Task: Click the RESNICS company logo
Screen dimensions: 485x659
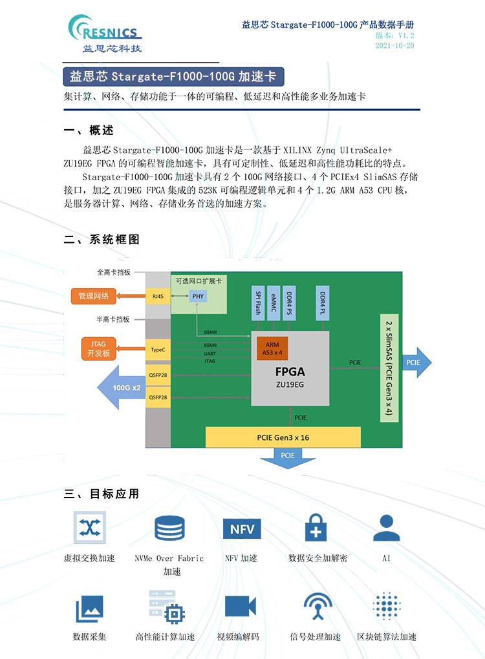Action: [105, 34]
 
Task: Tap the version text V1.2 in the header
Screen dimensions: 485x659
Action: [406, 36]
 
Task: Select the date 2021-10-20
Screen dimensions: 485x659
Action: [394, 45]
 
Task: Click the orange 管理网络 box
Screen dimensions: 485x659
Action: [93, 296]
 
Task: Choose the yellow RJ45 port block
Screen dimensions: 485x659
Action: [158, 297]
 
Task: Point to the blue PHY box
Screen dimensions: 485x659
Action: [198, 297]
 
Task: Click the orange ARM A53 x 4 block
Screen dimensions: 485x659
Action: [272, 348]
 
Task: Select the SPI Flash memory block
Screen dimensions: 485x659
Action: [258, 303]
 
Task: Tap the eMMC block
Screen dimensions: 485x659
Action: [274, 303]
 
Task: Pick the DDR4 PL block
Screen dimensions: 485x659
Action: [323, 303]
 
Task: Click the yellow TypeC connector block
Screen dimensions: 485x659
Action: [158, 350]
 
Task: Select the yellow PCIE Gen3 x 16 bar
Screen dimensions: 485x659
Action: [283, 437]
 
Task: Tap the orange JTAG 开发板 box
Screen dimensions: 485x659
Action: [98, 349]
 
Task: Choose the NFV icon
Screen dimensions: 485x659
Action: [242, 528]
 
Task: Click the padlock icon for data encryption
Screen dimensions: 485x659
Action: [316, 528]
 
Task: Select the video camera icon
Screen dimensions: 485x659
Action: [241, 607]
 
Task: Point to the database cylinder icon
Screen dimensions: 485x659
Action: [169, 528]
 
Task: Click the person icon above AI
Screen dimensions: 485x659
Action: [387, 528]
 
